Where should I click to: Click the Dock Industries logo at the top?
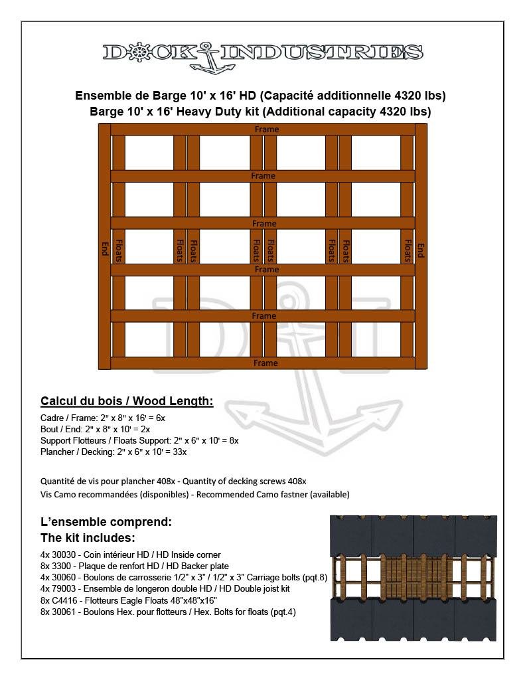coord(263,54)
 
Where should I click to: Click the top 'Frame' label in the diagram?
coord(265,129)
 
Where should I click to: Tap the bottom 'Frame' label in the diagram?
coord(265,363)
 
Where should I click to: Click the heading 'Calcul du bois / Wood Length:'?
coord(127,401)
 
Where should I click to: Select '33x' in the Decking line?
coord(179,452)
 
